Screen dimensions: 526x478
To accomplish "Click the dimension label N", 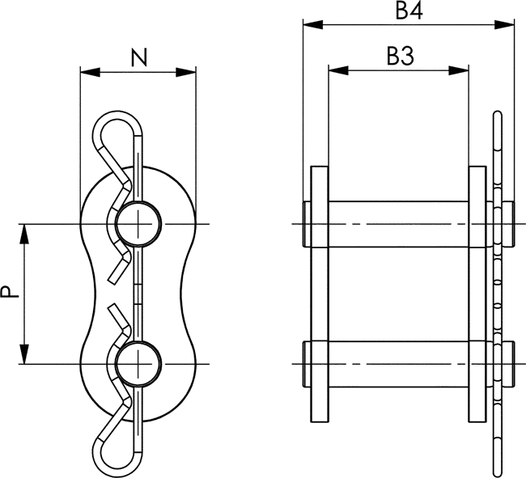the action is click(x=139, y=57).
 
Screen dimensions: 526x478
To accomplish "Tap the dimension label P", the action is click(x=9, y=291).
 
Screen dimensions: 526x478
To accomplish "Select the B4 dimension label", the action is click(x=409, y=11).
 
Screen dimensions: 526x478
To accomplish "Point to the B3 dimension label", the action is click(x=401, y=56).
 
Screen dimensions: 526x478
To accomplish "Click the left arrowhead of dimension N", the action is click(x=91, y=72).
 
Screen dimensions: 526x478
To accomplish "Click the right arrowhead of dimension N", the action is click(x=186, y=72).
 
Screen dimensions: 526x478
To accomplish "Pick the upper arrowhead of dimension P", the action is click(x=24, y=234).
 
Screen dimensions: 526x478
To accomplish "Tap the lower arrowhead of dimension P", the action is click(x=24, y=353).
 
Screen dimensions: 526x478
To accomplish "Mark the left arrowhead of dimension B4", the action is click(x=313, y=24).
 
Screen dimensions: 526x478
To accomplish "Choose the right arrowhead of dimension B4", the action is click(x=504, y=24).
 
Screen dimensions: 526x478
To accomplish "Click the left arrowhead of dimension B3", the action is click(x=338, y=70).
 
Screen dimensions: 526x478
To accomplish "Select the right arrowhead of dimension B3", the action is click(x=459, y=70).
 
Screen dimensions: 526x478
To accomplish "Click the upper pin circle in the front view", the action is click(x=138, y=224).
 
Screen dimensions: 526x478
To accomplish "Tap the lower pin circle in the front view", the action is click(x=138, y=364).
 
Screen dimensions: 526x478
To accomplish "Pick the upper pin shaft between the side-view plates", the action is click(x=398, y=224).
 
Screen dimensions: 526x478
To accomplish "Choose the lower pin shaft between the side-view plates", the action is click(x=398, y=364).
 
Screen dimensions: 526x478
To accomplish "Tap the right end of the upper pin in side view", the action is click(x=514, y=224).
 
